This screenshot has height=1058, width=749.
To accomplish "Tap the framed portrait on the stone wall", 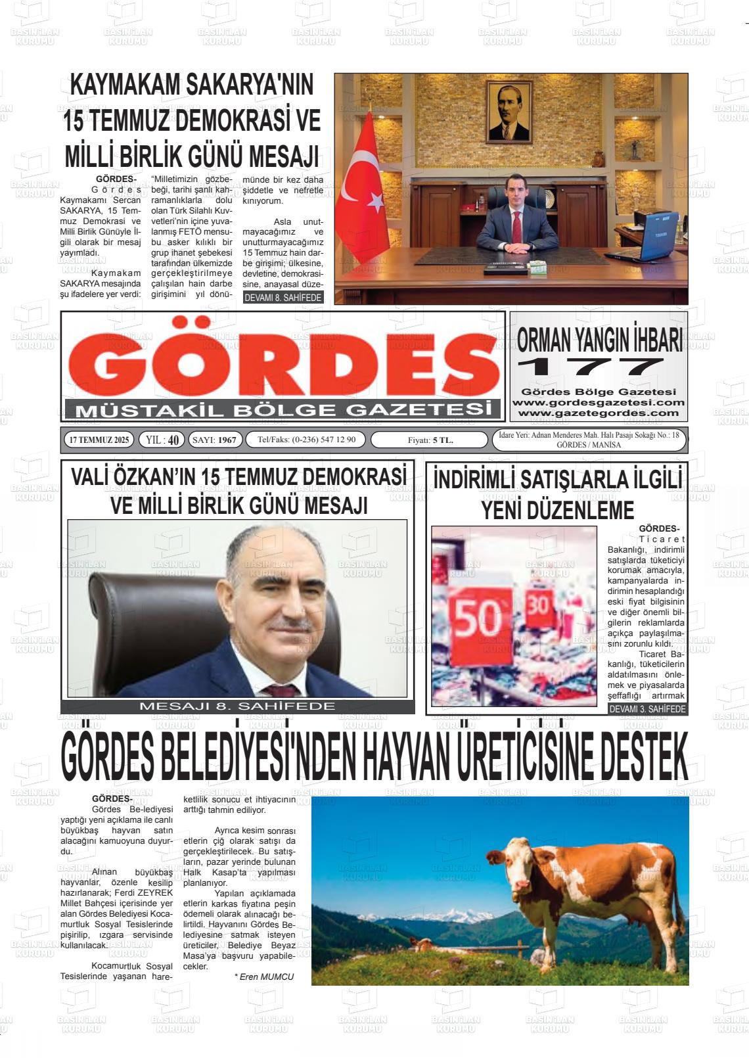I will [509, 112].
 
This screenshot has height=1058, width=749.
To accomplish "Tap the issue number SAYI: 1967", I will [216, 440].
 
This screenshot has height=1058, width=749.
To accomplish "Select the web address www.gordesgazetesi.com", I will [598, 402].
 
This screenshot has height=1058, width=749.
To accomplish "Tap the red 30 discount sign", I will [538, 605].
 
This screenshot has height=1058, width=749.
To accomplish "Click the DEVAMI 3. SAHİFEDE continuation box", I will [647, 709].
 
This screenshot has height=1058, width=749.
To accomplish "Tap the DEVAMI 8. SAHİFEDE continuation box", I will [283, 298].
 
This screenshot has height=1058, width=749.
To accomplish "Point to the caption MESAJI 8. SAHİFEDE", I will [237, 706].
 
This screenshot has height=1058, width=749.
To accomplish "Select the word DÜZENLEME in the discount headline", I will [558, 510].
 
